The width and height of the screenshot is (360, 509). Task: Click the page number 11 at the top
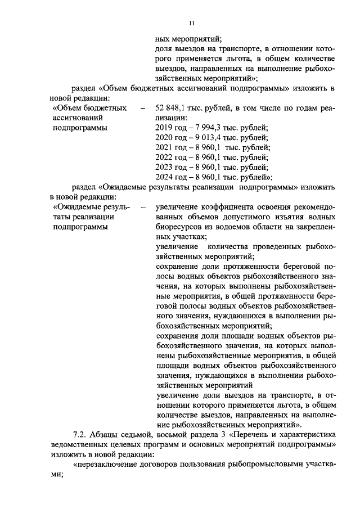(191, 23)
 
